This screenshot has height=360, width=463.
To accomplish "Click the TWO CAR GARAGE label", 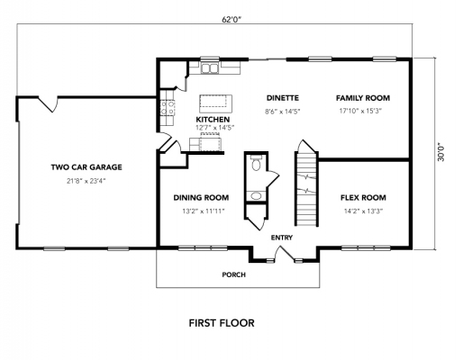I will [86, 166].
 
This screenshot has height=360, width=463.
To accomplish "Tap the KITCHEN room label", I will [213, 119].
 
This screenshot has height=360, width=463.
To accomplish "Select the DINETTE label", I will [282, 97].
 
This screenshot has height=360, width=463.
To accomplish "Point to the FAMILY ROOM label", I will [362, 97].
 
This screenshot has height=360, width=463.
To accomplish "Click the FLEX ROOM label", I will [363, 197].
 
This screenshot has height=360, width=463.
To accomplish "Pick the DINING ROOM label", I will [200, 197].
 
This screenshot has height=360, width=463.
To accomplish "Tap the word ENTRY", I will [282, 237].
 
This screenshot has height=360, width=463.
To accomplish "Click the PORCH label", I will [235, 274].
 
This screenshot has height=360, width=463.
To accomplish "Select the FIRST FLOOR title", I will [221, 322].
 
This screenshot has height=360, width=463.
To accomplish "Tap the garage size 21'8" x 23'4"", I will [86, 180].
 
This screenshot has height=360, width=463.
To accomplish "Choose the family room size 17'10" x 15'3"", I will [362, 112].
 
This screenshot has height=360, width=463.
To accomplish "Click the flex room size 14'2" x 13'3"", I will [363, 211].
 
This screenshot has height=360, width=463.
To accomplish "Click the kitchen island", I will [215, 99].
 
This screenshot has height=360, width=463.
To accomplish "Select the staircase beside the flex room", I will [308, 189].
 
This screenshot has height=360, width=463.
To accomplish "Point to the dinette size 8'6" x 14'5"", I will [282, 112].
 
